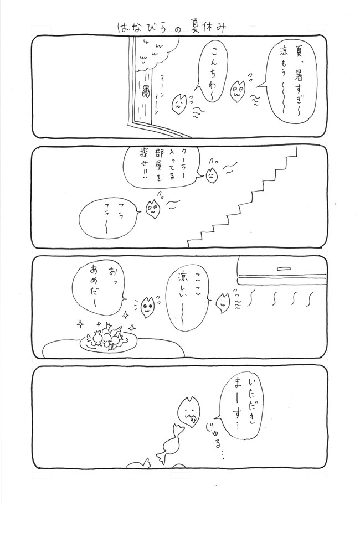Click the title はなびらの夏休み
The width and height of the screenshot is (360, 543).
pyautogui.click(x=172, y=28)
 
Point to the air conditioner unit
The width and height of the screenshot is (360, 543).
pyautogui.click(x=282, y=271)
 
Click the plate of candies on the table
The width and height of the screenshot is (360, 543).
pyautogui.click(x=109, y=339)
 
